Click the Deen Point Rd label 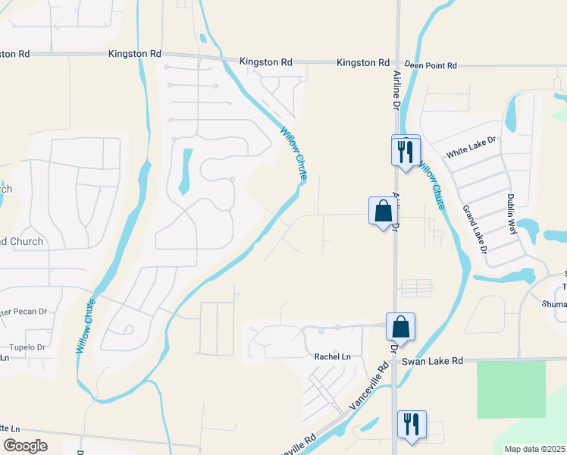430,66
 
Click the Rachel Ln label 333,356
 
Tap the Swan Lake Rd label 432,361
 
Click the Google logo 25,445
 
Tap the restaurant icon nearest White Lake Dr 406,151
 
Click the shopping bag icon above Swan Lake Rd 401,328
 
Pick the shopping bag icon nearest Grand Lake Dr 383,212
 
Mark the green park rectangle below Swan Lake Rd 511,389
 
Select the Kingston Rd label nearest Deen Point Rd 363,62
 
